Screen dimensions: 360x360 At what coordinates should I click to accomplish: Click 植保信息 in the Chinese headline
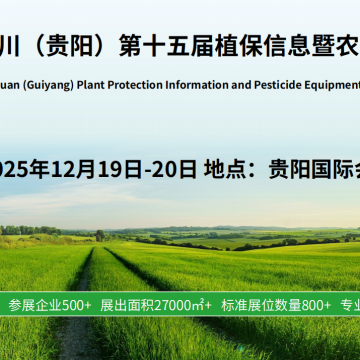[x=263, y=46]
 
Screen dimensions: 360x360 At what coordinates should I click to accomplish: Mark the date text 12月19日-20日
[x=125, y=168]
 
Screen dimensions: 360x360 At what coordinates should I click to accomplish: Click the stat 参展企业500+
[x=50, y=304]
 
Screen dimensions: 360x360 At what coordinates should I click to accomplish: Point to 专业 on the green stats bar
[x=349, y=304]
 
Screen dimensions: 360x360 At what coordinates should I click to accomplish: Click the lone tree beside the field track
[x=100, y=235]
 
